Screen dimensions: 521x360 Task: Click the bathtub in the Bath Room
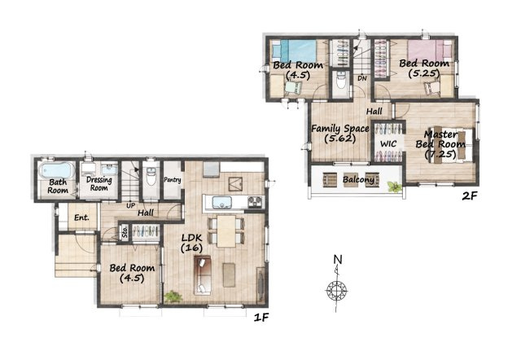tap(56, 170)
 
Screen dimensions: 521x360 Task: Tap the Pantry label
tap(173, 180)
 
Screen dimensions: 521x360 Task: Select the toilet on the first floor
tap(151, 177)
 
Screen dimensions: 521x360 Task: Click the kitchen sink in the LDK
tap(221, 202)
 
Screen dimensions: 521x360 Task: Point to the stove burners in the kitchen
tap(255, 201)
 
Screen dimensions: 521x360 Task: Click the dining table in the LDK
tap(226, 231)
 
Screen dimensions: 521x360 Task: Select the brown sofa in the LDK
tap(203, 275)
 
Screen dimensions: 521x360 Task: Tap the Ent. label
tap(81, 217)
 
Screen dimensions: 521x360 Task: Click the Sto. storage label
tap(125, 231)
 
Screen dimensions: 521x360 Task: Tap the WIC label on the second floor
tap(388, 144)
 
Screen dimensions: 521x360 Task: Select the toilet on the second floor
tap(340, 80)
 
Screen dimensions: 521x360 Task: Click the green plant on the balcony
tap(395, 187)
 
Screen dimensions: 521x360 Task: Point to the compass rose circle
tap(336, 291)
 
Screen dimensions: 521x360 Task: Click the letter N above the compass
tap(338, 259)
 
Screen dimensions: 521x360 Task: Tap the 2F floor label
tap(470, 196)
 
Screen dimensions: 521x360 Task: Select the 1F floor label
tap(260, 318)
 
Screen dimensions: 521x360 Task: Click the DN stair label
tap(362, 78)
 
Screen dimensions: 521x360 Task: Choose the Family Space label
tap(340, 129)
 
